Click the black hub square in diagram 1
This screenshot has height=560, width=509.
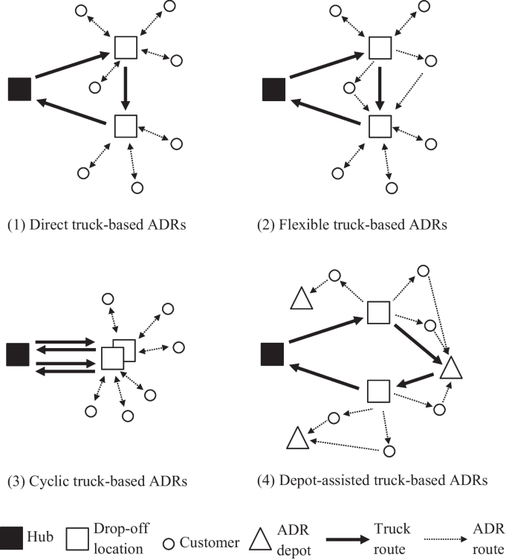point(19,89)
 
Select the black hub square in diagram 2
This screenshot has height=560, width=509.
point(273,89)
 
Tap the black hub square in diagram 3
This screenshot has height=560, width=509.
point(18,354)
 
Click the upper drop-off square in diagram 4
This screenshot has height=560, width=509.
point(379,312)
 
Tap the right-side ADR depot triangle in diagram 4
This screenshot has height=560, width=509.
point(451,368)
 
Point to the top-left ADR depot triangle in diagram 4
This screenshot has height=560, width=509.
point(300,300)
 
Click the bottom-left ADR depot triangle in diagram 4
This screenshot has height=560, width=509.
point(297,439)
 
